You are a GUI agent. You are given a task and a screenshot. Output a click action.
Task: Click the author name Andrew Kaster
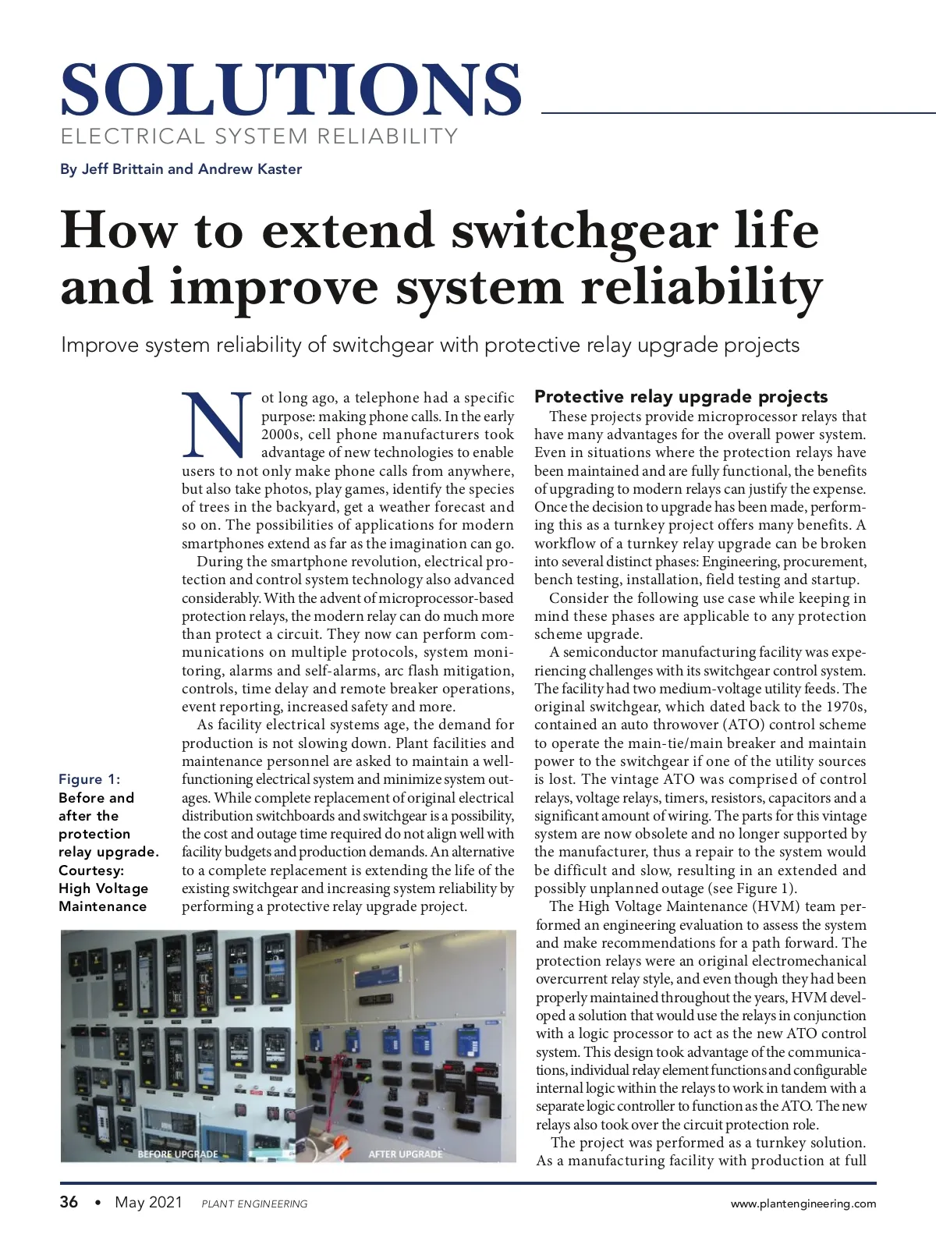pos(250,169)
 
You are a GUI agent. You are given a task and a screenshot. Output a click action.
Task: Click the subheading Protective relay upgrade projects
pos(681,396)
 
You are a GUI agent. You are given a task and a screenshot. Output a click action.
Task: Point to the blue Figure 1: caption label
pos(90,779)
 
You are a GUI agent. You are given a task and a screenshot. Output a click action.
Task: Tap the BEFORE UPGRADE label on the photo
pos(178,1154)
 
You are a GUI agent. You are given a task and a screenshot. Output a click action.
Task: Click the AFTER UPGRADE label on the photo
pos(405,1154)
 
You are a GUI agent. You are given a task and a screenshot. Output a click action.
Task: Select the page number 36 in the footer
pos(69,1202)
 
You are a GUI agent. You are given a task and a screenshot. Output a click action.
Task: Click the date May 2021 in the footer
pos(148,1202)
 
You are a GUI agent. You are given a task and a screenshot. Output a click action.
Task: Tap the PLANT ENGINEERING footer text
pos(254,1204)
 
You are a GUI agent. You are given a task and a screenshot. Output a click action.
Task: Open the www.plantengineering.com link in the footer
pos(803,1204)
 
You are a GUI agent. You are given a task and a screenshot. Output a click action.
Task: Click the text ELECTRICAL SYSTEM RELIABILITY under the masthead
pos(259,136)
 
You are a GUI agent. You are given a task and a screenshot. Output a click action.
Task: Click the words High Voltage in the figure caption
pos(103,888)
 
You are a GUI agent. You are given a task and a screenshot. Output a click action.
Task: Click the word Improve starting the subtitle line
pos(101,345)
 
